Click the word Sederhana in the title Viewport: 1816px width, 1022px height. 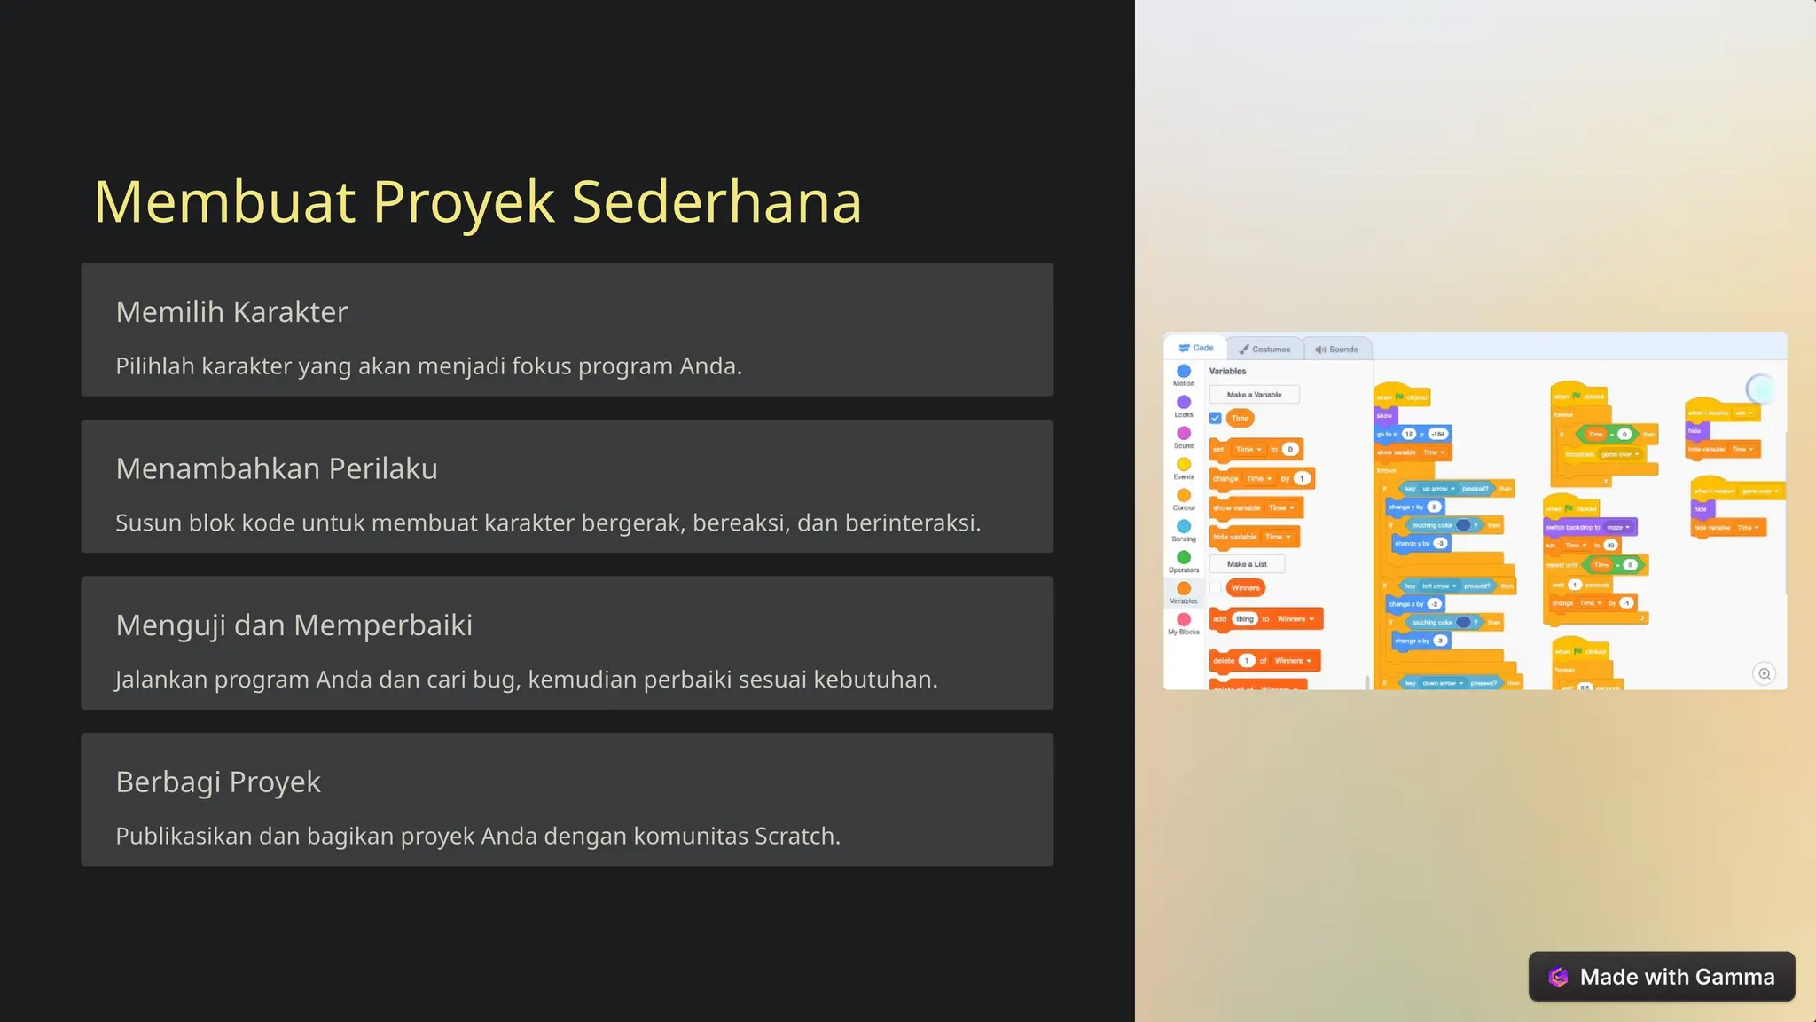(x=716, y=202)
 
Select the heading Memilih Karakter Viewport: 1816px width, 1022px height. (x=231, y=312)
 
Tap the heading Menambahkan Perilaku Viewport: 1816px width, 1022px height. (x=277, y=468)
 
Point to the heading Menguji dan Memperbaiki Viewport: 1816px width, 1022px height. (x=294, y=625)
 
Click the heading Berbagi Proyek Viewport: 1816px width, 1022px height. (x=218, y=782)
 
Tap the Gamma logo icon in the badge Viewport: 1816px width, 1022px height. (x=1558, y=977)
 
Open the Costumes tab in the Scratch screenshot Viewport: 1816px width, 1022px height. (x=1265, y=350)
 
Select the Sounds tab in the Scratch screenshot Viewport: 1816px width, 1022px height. (x=1337, y=350)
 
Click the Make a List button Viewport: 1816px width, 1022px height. (x=1247, y=564)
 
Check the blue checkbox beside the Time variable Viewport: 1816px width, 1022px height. (x=1216, y=418)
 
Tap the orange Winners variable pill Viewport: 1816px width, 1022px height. (x=1245, y=587)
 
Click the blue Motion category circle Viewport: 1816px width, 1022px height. (x=1184, y=371)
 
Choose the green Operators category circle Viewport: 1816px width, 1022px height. (x=1184, y=557)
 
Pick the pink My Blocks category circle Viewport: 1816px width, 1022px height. (x=1184, y=619)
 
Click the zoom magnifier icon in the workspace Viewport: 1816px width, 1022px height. (x=1764, y=673)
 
